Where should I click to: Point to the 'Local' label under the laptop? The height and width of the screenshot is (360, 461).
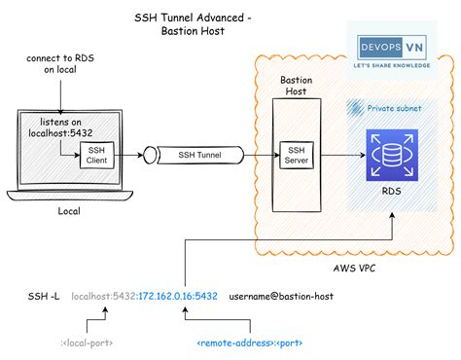69,210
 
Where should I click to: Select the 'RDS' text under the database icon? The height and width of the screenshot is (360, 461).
391,192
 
